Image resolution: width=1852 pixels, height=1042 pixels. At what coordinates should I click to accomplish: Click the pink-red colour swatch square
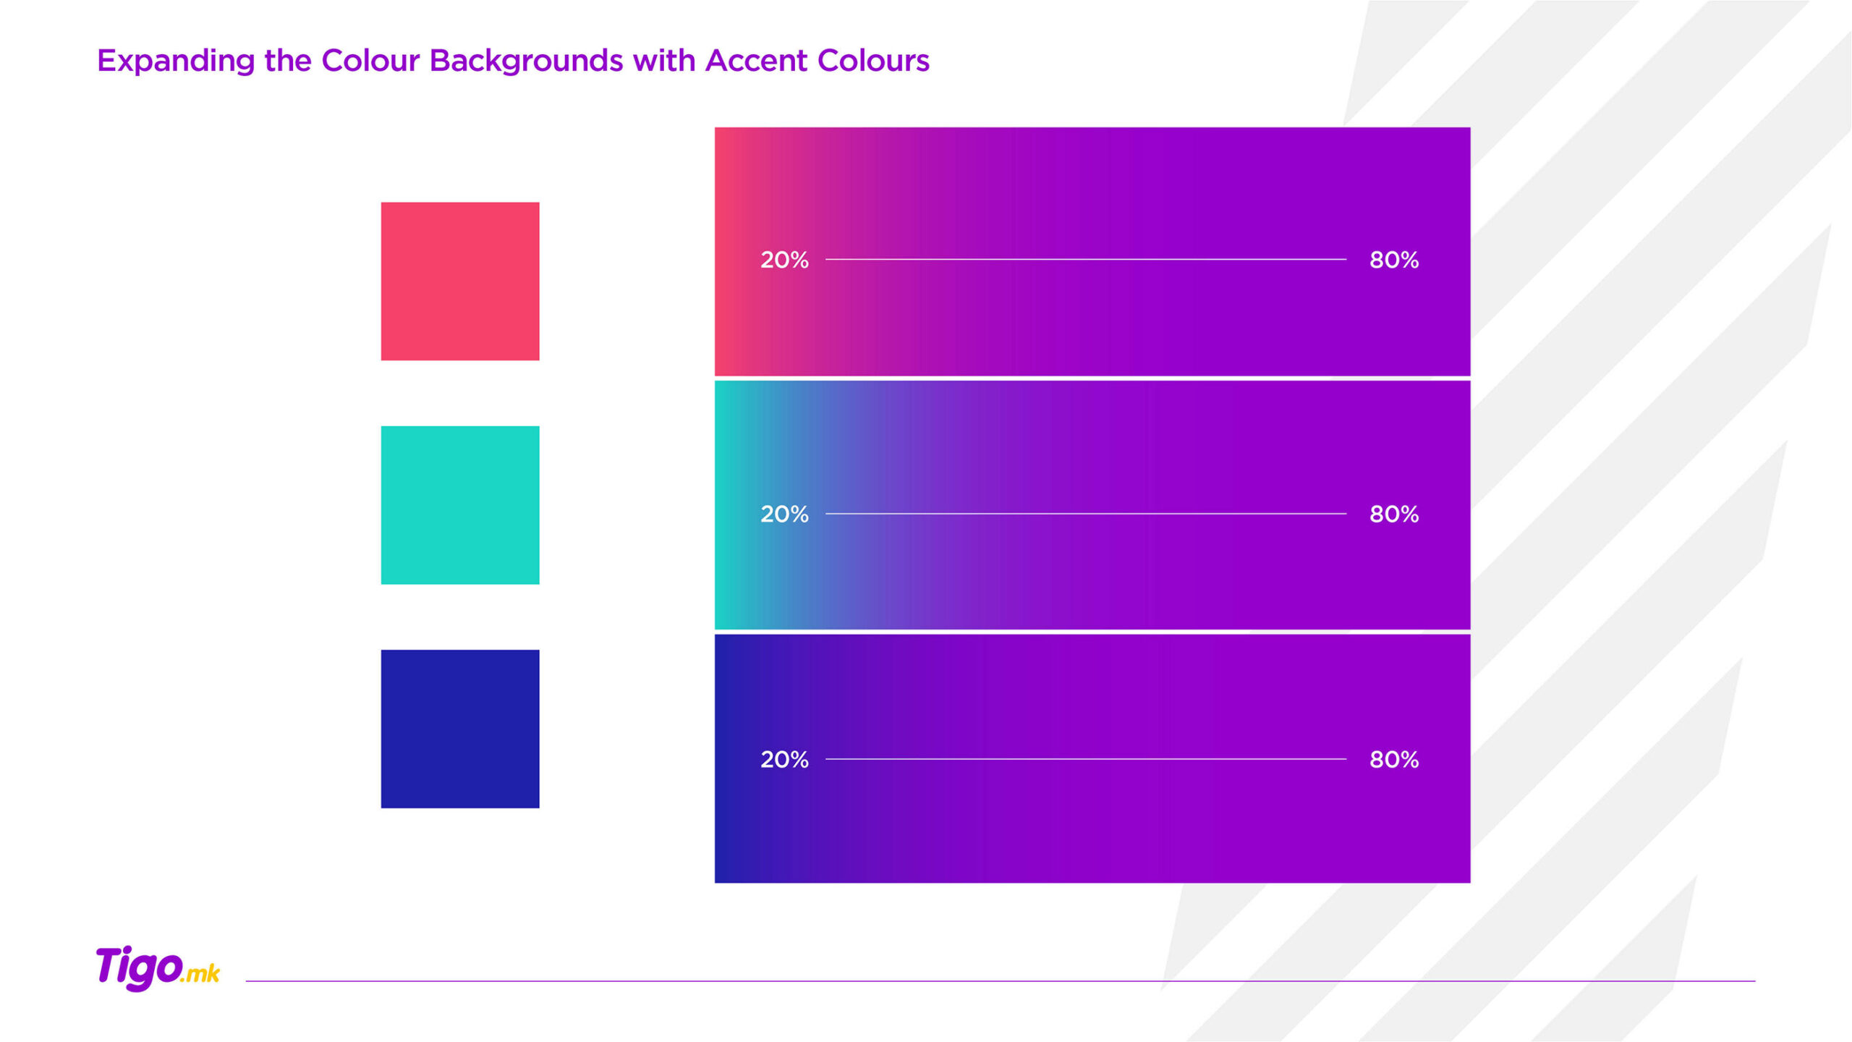460,281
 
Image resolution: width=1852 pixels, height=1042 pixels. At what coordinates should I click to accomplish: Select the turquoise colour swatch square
460,505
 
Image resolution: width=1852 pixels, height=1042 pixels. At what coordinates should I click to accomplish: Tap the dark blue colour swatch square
460,729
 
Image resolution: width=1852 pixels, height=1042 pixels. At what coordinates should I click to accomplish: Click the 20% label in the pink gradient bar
784,260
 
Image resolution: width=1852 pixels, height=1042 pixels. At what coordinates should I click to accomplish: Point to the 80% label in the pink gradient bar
1394,260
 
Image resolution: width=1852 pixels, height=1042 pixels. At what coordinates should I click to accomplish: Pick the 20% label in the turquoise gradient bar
784,514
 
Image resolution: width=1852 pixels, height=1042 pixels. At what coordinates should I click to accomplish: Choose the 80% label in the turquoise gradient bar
1394,514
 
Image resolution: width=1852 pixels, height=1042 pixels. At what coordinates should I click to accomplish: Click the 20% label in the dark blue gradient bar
784,759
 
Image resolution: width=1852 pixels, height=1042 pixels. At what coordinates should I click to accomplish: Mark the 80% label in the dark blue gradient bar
1394,759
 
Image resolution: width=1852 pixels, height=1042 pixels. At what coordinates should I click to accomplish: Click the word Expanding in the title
176,61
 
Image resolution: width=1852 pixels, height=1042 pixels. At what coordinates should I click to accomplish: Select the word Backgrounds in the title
526,61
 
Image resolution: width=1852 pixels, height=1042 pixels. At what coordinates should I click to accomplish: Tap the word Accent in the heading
756,61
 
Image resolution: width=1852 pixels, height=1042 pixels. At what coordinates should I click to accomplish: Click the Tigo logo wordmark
139,967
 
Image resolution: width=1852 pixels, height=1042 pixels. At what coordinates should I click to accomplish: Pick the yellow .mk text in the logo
200,974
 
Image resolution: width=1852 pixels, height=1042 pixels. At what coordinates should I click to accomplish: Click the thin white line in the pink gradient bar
1086,259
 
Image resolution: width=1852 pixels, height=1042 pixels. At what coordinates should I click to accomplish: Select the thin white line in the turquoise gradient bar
1086,514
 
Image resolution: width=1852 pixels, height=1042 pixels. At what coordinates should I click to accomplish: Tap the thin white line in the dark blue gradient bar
1086,759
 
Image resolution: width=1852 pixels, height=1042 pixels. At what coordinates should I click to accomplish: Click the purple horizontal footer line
1001,981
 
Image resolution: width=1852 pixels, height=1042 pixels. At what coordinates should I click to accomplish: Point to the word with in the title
664,61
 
